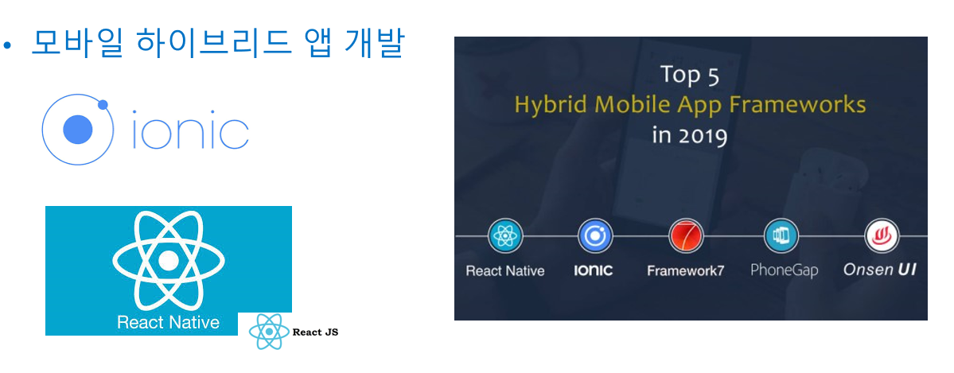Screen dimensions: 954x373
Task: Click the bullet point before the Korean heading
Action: point(6,45)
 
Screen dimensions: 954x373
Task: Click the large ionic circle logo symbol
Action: point(77,130)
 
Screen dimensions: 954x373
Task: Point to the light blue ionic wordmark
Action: point(190,130)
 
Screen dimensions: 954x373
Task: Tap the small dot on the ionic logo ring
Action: point(103,105)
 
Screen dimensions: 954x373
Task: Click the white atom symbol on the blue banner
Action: point(169,260)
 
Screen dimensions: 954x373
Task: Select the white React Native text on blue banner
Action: point(169,322)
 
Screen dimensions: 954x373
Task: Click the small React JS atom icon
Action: point(269,332)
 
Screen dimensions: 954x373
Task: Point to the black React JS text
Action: point(315,332)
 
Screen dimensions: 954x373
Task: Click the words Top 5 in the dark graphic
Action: point(690,75)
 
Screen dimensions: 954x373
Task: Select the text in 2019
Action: point(690,135)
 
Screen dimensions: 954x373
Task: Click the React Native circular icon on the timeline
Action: point(505,235)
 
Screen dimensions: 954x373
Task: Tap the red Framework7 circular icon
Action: point(686,235)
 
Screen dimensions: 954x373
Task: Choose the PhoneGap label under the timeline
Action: point(784,270)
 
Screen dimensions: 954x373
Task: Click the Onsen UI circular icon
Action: point(882,235)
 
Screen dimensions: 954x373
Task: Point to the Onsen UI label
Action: point(880,270)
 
